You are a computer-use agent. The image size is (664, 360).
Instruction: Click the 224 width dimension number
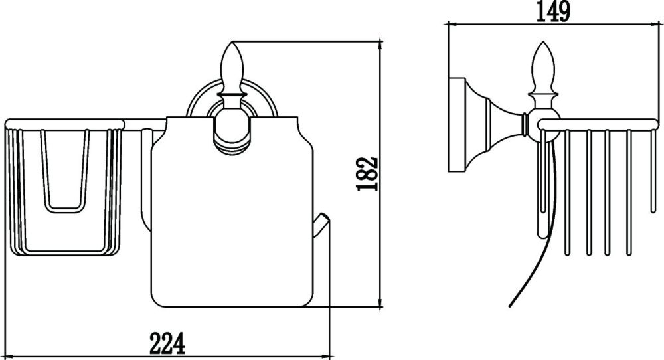click(x=167, y=343)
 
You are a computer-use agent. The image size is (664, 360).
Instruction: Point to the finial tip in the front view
click(x=231, y=45)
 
